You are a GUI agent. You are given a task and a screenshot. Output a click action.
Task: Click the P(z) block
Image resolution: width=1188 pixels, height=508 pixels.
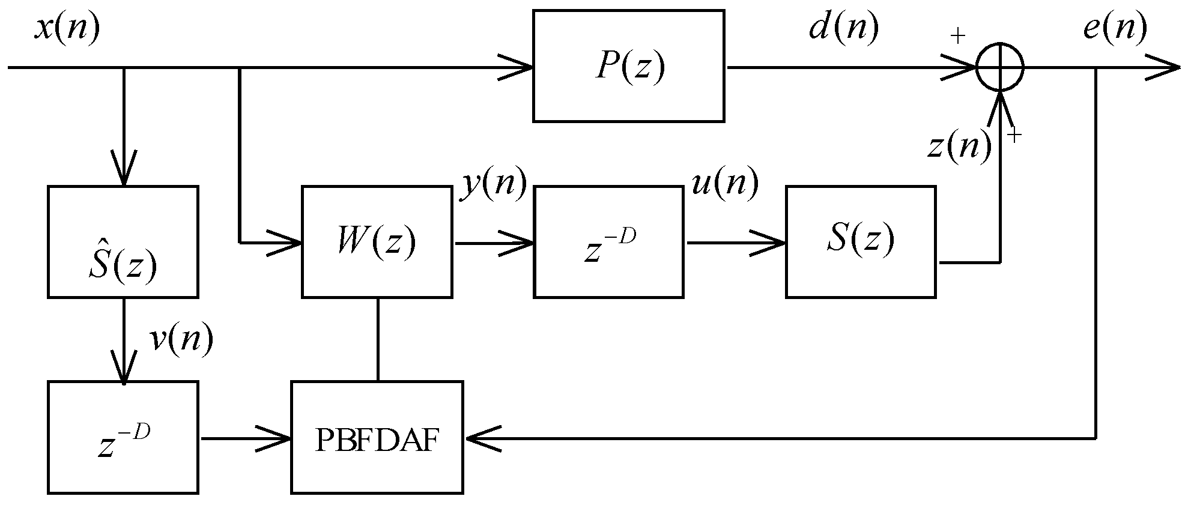[628, 66]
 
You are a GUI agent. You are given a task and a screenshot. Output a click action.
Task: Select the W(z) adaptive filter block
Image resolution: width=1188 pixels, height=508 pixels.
[377, 242]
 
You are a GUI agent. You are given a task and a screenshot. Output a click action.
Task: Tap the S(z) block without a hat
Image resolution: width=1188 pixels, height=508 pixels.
[860, 242]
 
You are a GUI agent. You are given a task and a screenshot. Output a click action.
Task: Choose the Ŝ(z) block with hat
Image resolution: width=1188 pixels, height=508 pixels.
[123, 242]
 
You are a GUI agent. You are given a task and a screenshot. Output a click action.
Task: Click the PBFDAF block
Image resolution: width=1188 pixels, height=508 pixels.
[377, 438]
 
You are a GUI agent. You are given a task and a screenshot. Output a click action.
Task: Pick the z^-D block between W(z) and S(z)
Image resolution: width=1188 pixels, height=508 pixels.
[608, 242]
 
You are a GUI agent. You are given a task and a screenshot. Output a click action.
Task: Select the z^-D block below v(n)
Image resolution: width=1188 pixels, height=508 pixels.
[123, 438]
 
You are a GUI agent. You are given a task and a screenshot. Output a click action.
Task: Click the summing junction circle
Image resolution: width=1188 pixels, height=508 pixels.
[999, 67]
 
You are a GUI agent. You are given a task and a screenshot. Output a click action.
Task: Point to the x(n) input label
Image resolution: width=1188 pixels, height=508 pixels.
[66, 28]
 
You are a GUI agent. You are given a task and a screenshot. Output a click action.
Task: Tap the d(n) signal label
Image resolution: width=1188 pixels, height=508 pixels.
[843, 28]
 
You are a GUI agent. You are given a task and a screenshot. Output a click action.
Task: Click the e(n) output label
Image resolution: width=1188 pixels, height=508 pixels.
[1114, 28]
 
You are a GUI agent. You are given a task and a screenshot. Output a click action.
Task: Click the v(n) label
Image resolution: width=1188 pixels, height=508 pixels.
[181, 340]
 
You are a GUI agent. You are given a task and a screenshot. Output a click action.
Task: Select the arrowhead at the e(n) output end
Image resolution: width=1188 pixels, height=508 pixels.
[1165, 67]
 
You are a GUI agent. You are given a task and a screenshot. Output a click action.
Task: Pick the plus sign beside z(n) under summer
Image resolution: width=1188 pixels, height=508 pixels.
[1014, 136]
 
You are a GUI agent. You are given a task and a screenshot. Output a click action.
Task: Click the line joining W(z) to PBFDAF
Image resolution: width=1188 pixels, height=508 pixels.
[377, 339]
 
